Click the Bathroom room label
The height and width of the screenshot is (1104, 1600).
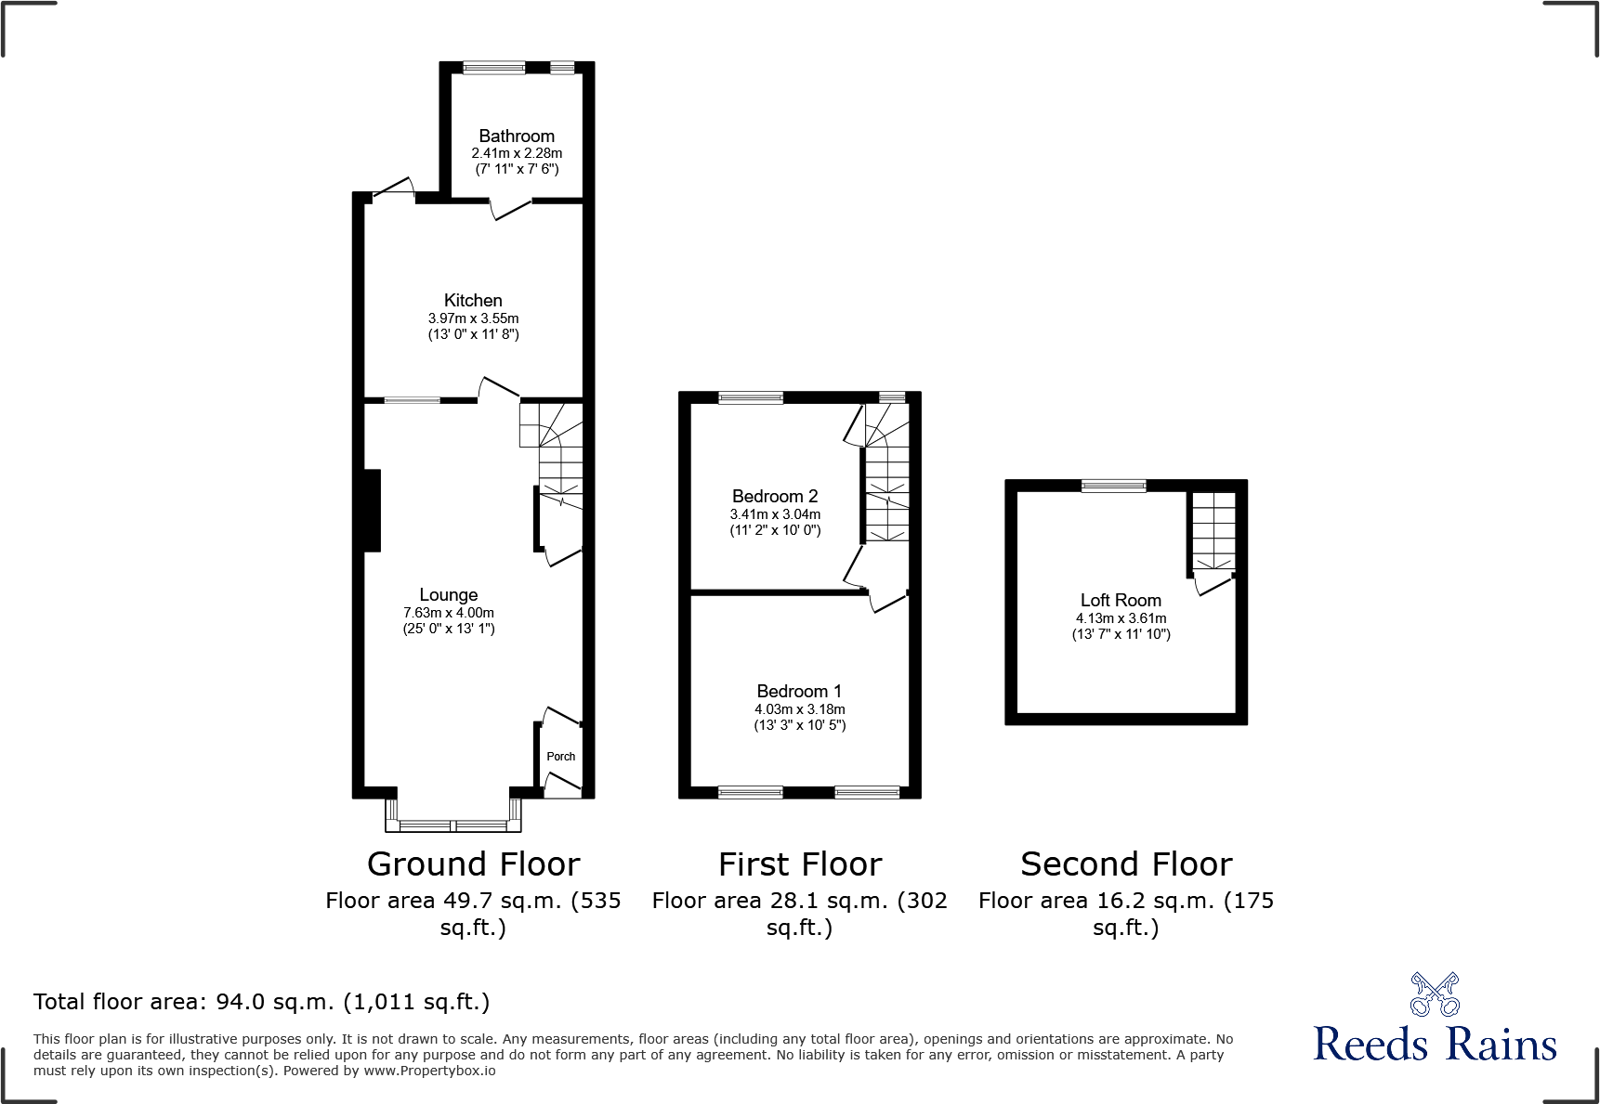(x=517, y=136)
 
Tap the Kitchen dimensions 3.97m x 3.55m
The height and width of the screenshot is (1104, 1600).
(x=473, y=318)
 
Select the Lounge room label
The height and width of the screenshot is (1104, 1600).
(x=449, y=595)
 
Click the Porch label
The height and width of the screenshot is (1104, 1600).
(x=560, y=757)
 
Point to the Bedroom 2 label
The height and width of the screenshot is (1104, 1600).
(x=775, y=497)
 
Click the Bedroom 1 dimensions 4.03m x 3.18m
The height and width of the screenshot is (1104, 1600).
(x=799, y=709)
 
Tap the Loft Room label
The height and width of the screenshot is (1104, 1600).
(x=1121, y=601)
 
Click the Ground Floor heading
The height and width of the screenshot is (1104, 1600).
(x=473, y=864)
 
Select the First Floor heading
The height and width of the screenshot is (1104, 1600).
(x=799, y=864)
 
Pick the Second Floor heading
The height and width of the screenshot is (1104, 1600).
(x=1126, y=864)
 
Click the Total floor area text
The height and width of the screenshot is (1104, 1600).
(x=261, y=1002)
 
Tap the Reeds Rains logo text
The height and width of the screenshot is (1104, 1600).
(x=1435, y=1045)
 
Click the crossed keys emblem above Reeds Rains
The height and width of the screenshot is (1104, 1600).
(x=1435, y=994)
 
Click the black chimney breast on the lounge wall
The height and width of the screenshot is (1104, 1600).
(x=372, y=511)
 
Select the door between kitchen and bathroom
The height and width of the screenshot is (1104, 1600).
(x=510, y=208)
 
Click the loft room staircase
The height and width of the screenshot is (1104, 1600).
(x=1213, y=530)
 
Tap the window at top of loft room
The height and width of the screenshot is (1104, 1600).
(x=1113, y=485)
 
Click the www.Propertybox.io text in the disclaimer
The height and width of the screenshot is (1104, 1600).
(x=429, y=1071)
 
